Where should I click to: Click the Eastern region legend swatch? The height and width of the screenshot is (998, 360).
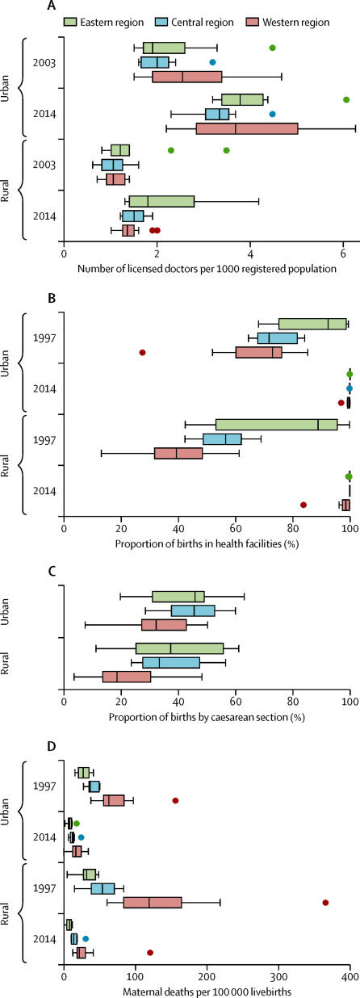(x=70, y=22)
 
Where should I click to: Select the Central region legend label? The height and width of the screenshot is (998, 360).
(x=203, y=23)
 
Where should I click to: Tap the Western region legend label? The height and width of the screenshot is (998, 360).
(x=296, y=23)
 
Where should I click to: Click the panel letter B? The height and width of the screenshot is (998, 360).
(x=52, y=298)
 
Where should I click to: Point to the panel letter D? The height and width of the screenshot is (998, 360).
(x=52, y=746)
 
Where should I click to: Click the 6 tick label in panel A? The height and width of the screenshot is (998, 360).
(x=343, y=254)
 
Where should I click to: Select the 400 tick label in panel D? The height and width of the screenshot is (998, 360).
(x=350, y=978)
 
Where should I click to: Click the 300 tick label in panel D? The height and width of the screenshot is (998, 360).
(x=278, y=978)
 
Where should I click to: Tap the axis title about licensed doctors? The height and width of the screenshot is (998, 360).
(x=207, y=269)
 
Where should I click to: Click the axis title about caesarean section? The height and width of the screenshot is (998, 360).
(x=207, y=717)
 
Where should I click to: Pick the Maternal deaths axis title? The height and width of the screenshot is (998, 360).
(x=207, y=992)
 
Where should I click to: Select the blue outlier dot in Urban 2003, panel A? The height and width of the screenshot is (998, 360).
(x=212, y=62)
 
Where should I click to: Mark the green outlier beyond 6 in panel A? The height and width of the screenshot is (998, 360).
(x=346, y=99)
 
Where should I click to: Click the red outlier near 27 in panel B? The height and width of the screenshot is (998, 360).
(x=142, y=352)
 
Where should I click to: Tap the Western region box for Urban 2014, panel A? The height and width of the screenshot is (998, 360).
(x=247, y=128)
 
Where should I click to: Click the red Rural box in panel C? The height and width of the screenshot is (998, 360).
(x=127, y=677)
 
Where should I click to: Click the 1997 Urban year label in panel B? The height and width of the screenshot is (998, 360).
(x=44, y=338)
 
